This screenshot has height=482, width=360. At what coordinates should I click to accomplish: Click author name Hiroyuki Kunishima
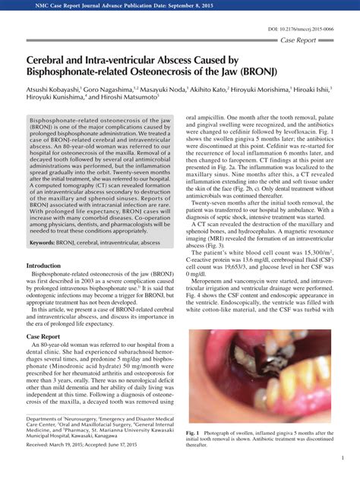(55, 97)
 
